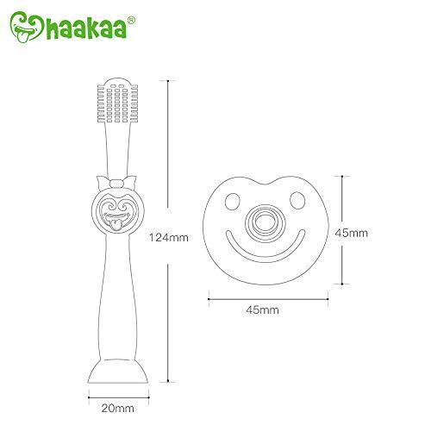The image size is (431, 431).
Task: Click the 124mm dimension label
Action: [168, 239]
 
